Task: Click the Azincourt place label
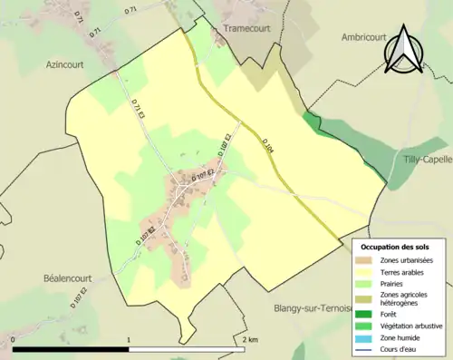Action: (66, 65)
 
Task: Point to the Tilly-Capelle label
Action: (428, 159)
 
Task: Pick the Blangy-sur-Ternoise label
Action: (313, 308)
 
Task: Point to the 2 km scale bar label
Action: (251, 339)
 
